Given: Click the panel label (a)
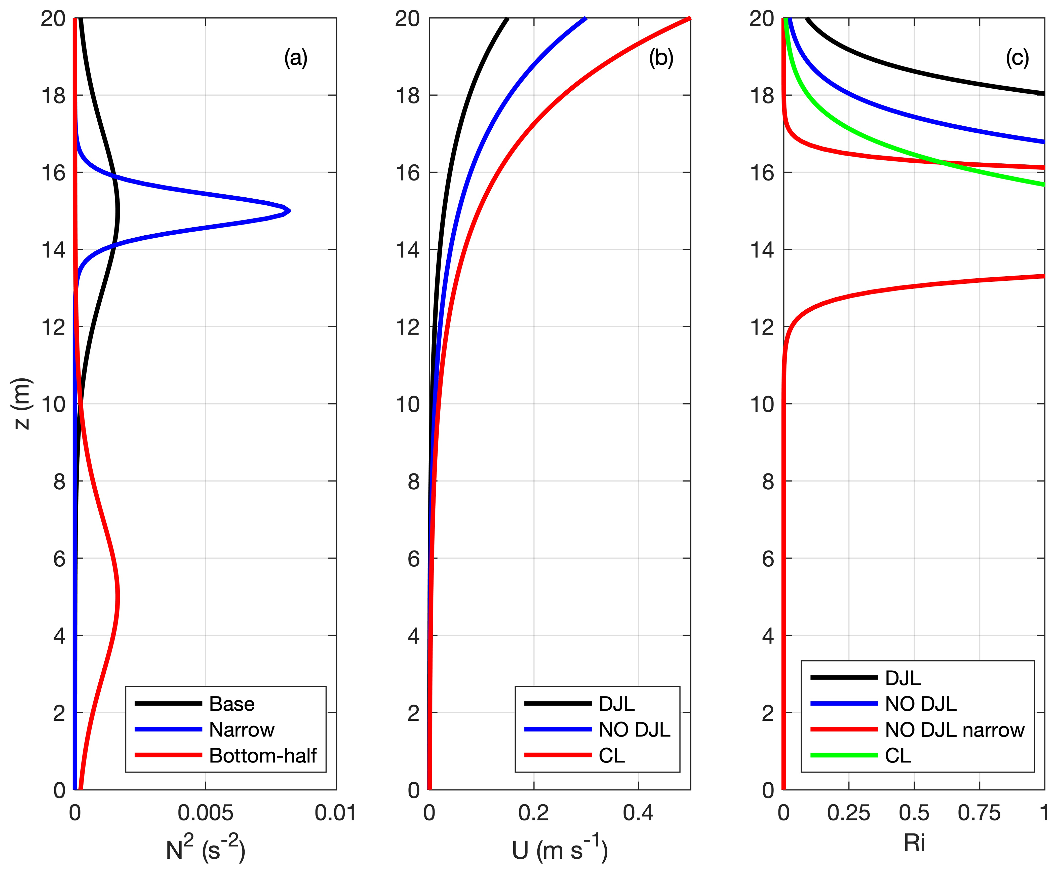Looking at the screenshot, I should pos(296,58).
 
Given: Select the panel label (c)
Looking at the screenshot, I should pos(1017,58).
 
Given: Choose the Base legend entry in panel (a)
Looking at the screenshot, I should pos(232,704).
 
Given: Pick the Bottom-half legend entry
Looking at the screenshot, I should pos(262,755).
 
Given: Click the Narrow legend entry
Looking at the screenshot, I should pos(242,730).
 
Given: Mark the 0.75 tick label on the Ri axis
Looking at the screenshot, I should pos(979,813).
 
